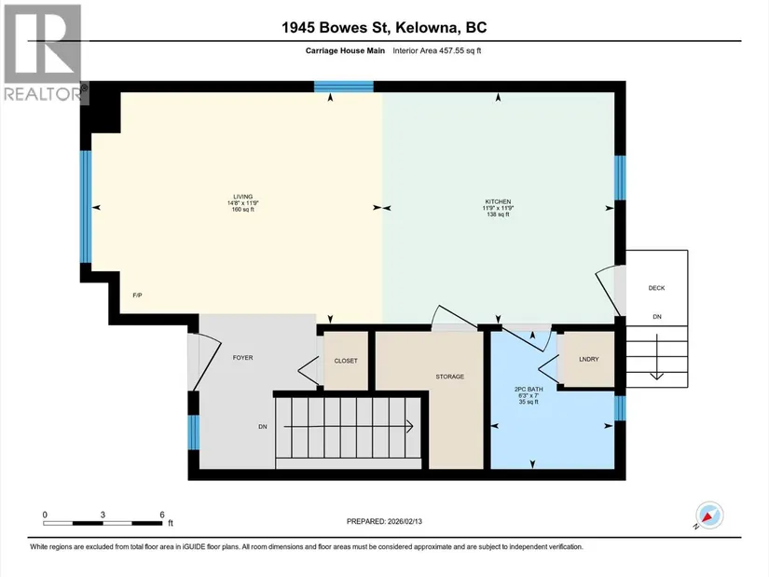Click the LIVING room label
242,197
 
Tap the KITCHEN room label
498,201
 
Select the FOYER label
242,358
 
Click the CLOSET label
346,361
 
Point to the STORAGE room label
449,377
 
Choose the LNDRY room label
588,359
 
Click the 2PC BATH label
529,389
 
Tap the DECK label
656,288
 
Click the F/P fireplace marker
137,295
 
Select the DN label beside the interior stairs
263,427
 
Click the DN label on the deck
657,317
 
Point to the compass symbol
709,515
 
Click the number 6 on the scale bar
162,515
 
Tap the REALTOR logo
43,53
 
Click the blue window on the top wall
344,87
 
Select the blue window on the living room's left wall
86,207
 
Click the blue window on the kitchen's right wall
620,178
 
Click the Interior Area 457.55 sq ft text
436,50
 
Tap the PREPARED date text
384,522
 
